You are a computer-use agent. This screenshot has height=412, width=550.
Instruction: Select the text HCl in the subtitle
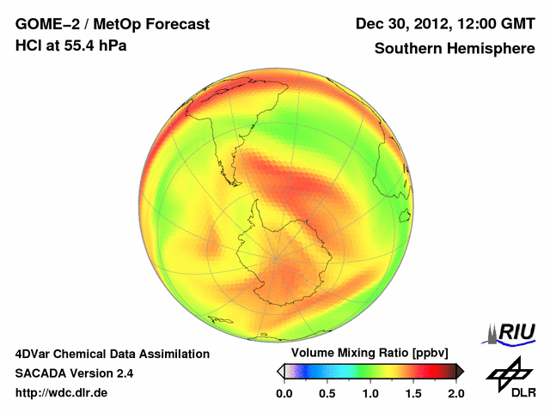[x=28, y=45]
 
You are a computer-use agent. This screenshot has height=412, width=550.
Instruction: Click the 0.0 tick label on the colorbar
[x=284, y=393]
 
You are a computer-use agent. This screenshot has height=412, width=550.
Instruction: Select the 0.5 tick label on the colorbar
[x=327, y=393]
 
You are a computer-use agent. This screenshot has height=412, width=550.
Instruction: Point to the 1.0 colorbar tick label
[x=370, y=393]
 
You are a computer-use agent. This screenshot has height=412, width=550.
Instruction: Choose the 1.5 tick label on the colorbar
[x=413, y=393]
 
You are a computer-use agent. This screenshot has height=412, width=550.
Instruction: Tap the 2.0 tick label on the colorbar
[x=455, y=393]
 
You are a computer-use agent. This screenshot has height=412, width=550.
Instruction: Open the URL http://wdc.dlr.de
[x=62, y=393]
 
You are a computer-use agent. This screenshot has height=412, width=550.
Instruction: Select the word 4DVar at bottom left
[x=36, y=354]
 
